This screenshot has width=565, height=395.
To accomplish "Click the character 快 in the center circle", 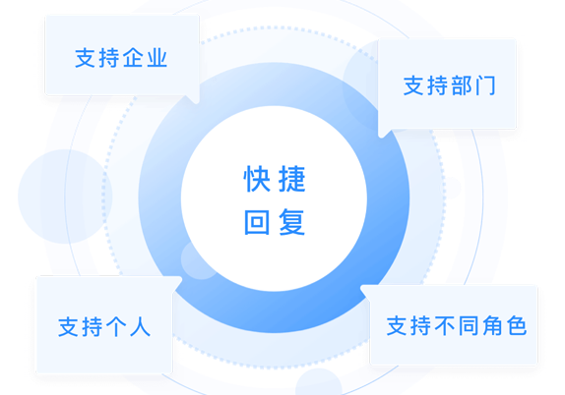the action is (257, 179).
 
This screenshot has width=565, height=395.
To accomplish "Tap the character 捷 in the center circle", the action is (292, 179).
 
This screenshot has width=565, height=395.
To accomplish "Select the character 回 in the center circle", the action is (257, 222).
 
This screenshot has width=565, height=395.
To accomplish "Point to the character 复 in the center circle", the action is (292, 222).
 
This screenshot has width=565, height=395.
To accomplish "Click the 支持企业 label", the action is (121, 58).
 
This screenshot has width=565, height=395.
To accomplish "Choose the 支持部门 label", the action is (449, 85).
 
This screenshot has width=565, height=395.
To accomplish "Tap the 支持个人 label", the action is (104, 326).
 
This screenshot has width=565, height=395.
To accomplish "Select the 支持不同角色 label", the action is (457, 325).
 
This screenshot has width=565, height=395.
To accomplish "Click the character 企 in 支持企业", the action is (133, 58).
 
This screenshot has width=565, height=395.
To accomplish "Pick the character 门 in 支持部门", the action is (486, 85).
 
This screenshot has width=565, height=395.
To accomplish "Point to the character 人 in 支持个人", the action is (140, 326).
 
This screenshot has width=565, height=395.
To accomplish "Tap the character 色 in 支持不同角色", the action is (517, 325).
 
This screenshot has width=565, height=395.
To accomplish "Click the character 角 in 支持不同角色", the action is (492, 325).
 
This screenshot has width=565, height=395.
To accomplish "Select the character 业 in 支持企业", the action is (157, 58).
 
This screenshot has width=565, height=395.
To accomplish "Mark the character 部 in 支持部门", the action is (462, 85).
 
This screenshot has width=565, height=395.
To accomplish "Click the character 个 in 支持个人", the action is (116, 326).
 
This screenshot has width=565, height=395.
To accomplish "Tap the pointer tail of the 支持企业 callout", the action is (195, 99).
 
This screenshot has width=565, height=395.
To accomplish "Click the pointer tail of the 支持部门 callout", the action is (383, 133).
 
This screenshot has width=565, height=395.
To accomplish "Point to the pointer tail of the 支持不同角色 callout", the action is (364, 290).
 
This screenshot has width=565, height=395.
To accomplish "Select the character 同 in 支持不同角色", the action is (469, 325).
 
